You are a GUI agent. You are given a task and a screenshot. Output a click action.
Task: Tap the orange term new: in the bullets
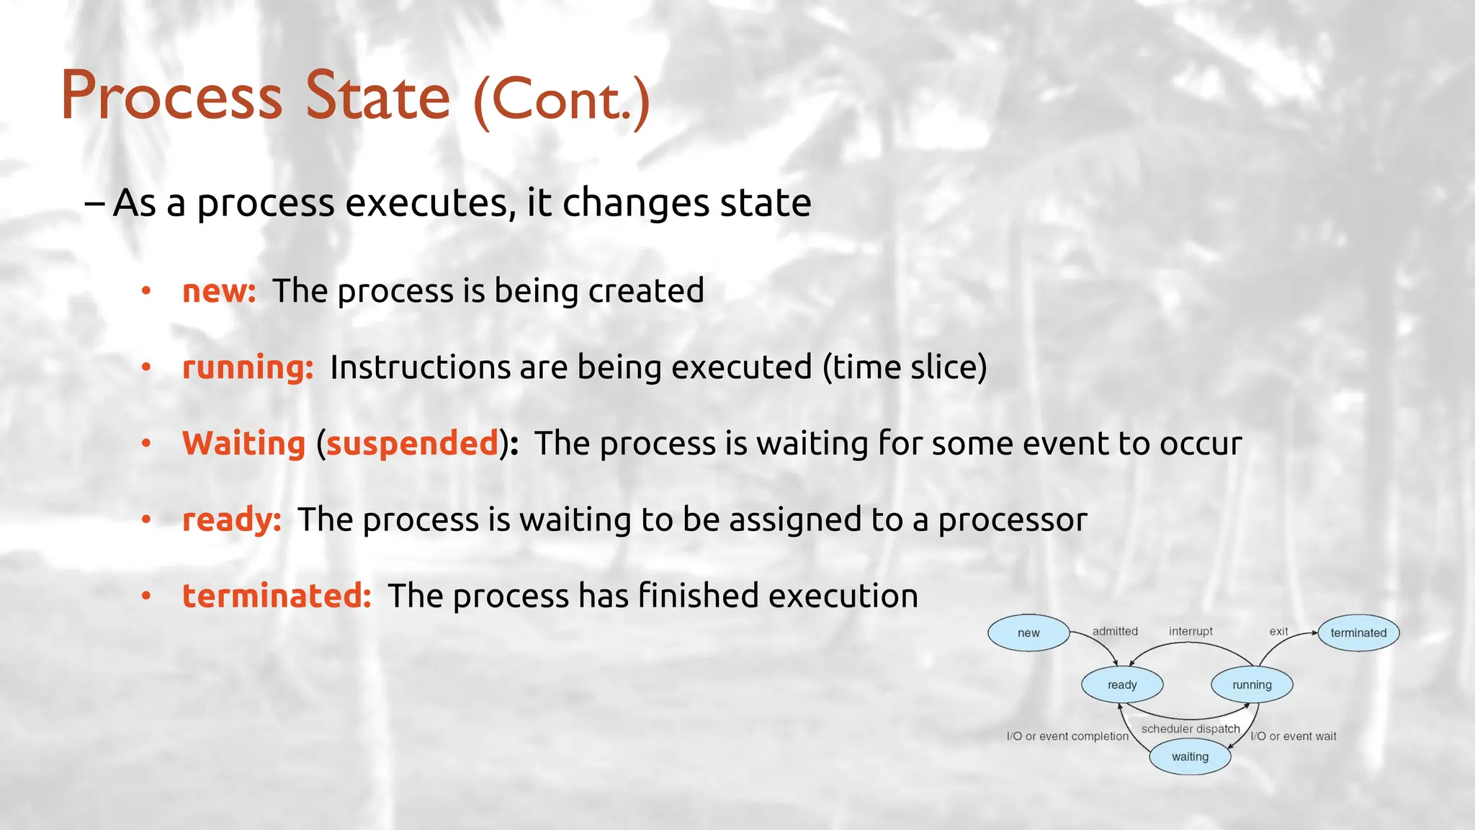coord(219,291)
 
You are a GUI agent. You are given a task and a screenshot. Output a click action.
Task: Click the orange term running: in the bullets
coord(248,367)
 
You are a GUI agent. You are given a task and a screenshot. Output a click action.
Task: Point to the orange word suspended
coord(412,443)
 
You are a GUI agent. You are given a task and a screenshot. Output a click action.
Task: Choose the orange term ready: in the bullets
coord(231,519)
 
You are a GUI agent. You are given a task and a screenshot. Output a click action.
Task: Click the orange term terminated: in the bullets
coord(277,596)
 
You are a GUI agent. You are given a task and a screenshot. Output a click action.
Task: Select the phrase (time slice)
coord(905,367)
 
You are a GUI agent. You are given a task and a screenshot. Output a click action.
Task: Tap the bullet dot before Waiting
coord(146,443)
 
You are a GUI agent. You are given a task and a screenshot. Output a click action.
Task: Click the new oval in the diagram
coord(1028,633)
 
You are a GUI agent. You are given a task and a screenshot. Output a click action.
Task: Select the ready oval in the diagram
coord(1122,684)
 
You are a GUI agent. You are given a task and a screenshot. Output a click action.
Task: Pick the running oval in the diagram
coord(1252,684)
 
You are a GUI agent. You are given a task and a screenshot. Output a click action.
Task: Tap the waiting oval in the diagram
coord(1190,757)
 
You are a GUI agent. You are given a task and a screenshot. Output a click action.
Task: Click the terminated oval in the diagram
coord(1358,633)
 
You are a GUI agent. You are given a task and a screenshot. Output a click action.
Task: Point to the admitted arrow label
coord(1115,631)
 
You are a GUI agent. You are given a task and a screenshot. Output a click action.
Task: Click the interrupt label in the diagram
coord(1191,631)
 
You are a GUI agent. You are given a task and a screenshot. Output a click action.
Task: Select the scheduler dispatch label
coord(1191,728)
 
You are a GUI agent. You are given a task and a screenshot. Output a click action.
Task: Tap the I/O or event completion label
coord(1067,736)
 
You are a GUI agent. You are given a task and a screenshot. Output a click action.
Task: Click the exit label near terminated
coord(1278,631)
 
